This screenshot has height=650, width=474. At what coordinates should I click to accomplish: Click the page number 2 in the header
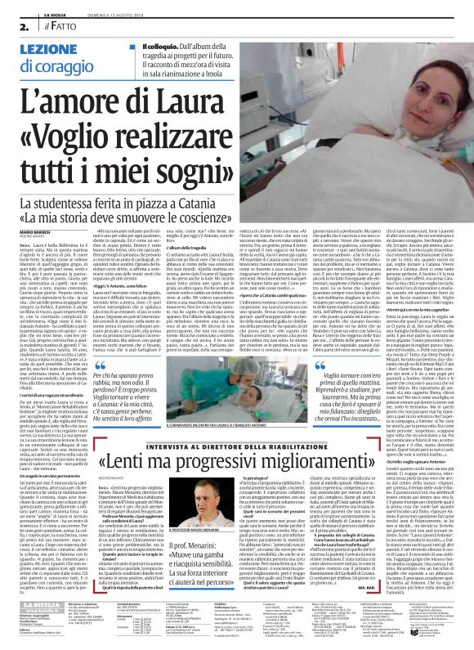[13, 27]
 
